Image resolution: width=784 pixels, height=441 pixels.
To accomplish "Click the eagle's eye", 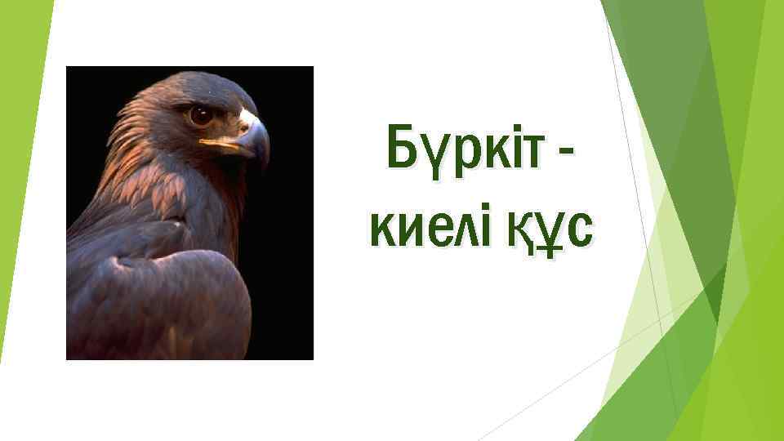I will [x=200, y=114].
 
